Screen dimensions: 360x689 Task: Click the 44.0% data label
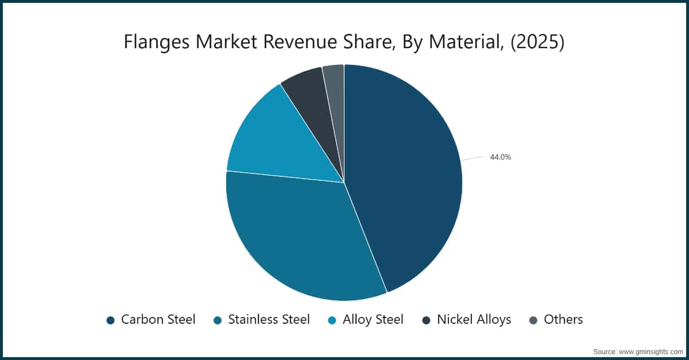click(500, 157)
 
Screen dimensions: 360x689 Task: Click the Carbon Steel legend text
click(158, 319)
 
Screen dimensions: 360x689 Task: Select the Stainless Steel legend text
click(269, 319)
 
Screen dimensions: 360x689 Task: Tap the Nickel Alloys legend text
click(474, 319)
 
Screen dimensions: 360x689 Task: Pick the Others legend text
click(563, 319)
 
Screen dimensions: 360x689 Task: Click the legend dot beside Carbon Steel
click(111, 320)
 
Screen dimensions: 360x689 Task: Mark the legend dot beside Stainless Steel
click(218, 320)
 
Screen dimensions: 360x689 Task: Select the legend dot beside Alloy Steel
click(332, 320)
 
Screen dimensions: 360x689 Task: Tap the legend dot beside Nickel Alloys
click(426, 320)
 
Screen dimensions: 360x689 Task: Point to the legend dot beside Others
click(533, 320)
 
